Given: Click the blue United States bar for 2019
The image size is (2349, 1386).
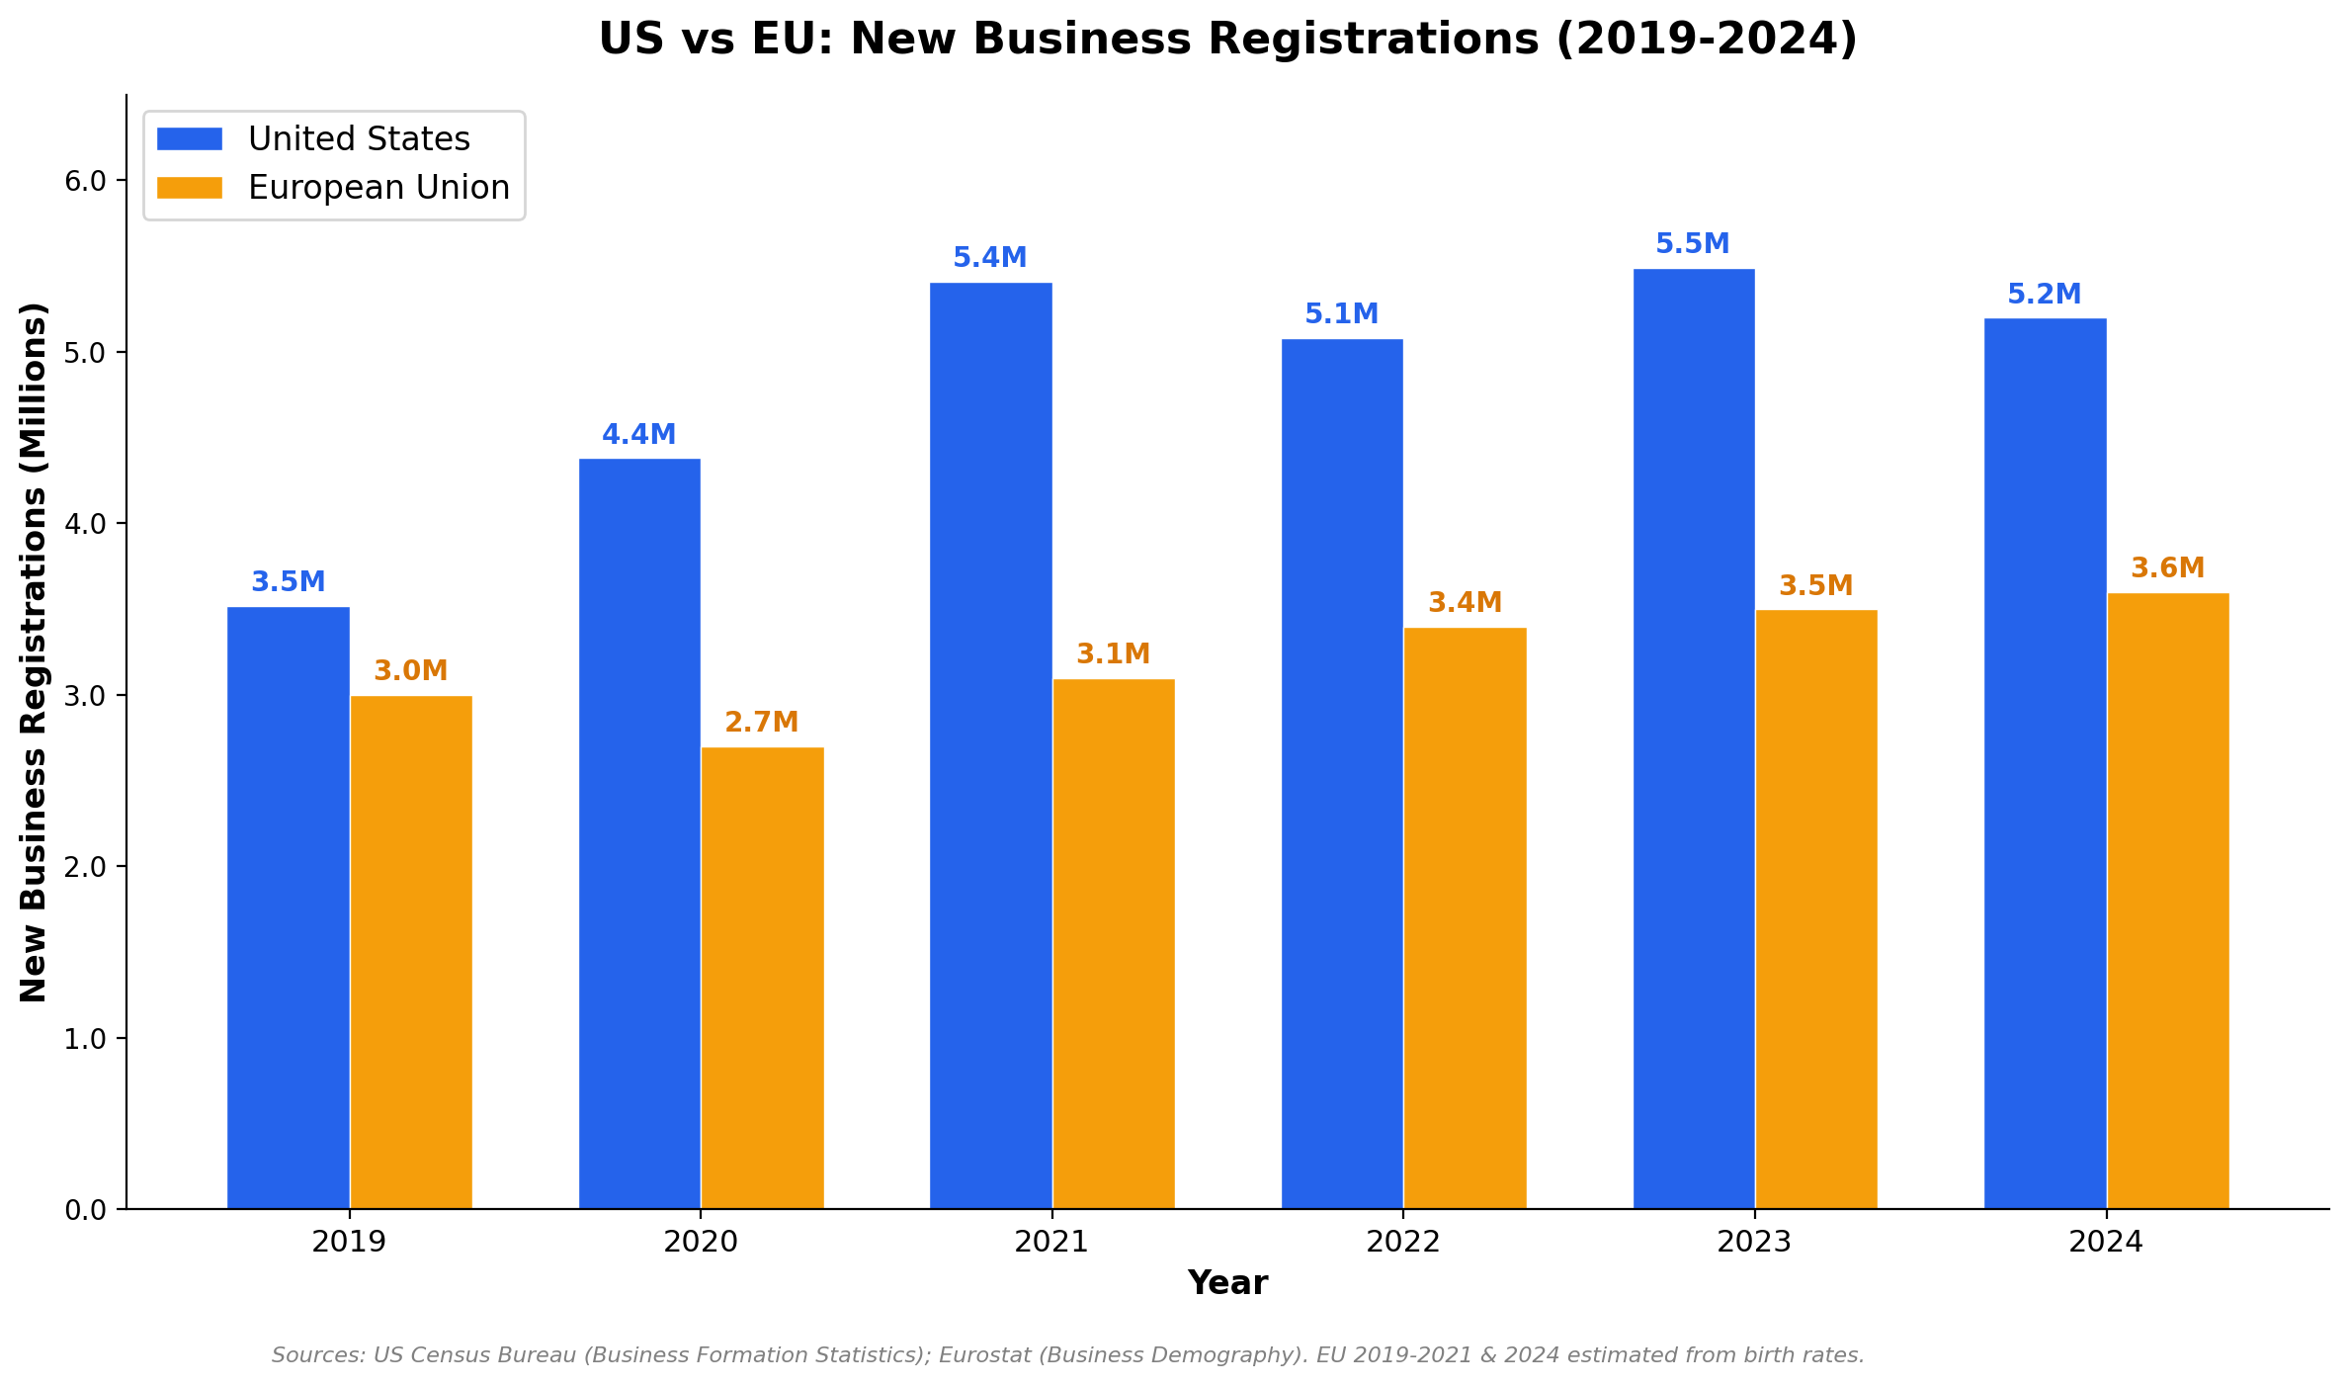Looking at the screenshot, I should coord(288,908).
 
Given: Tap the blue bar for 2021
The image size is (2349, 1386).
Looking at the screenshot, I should coord(990,745).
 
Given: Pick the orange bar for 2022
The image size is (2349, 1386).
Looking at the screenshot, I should coord(1465,917).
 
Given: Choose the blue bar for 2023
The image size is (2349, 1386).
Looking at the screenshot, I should coord(1693,738).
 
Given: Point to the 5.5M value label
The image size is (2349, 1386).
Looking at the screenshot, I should coord(1692,244).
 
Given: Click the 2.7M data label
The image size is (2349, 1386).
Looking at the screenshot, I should coord(761,723).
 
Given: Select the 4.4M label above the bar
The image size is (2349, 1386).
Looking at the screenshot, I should coord(638,435).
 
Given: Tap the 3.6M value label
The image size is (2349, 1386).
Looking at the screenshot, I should coord(2167,568).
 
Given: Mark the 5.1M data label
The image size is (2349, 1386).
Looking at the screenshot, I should coord(1341,314).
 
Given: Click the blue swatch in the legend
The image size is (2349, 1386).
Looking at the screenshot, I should coord(190,138).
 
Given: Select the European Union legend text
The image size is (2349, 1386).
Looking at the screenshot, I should coord(378,188).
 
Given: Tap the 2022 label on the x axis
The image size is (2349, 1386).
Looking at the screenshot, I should coord(1402,1242).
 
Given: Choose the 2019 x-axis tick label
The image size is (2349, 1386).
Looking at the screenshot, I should coord(348,1242).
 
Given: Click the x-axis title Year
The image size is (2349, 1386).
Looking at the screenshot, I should coord(1227,1283).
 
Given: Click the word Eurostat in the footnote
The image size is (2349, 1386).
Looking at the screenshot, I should coord(978,1355).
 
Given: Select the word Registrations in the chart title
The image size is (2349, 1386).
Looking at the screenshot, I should coord(1375,40).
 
